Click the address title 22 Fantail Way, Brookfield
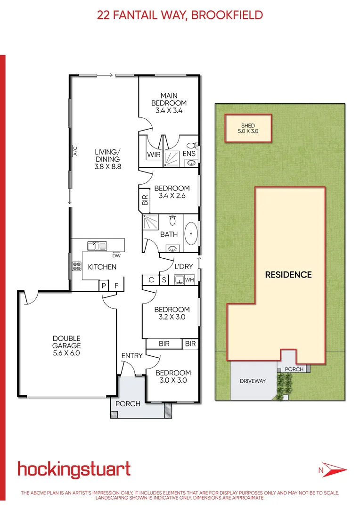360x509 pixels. (180, 15)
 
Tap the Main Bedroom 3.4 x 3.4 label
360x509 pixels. (169, 103)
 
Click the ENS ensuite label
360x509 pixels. (189, 154)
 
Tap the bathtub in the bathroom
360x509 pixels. (190, 234)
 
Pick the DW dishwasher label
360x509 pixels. (116, 256)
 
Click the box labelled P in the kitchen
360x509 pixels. (103, 286)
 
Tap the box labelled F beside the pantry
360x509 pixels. (117, 286)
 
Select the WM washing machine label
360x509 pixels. (189, 280)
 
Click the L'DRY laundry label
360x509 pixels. (184, 266)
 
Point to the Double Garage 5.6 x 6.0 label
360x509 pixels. (66, 342)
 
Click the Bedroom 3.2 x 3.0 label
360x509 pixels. (172, 313)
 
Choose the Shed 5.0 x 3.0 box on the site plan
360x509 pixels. (248, 128)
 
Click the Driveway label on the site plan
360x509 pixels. (252, 381)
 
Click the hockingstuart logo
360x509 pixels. (74, 469)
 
